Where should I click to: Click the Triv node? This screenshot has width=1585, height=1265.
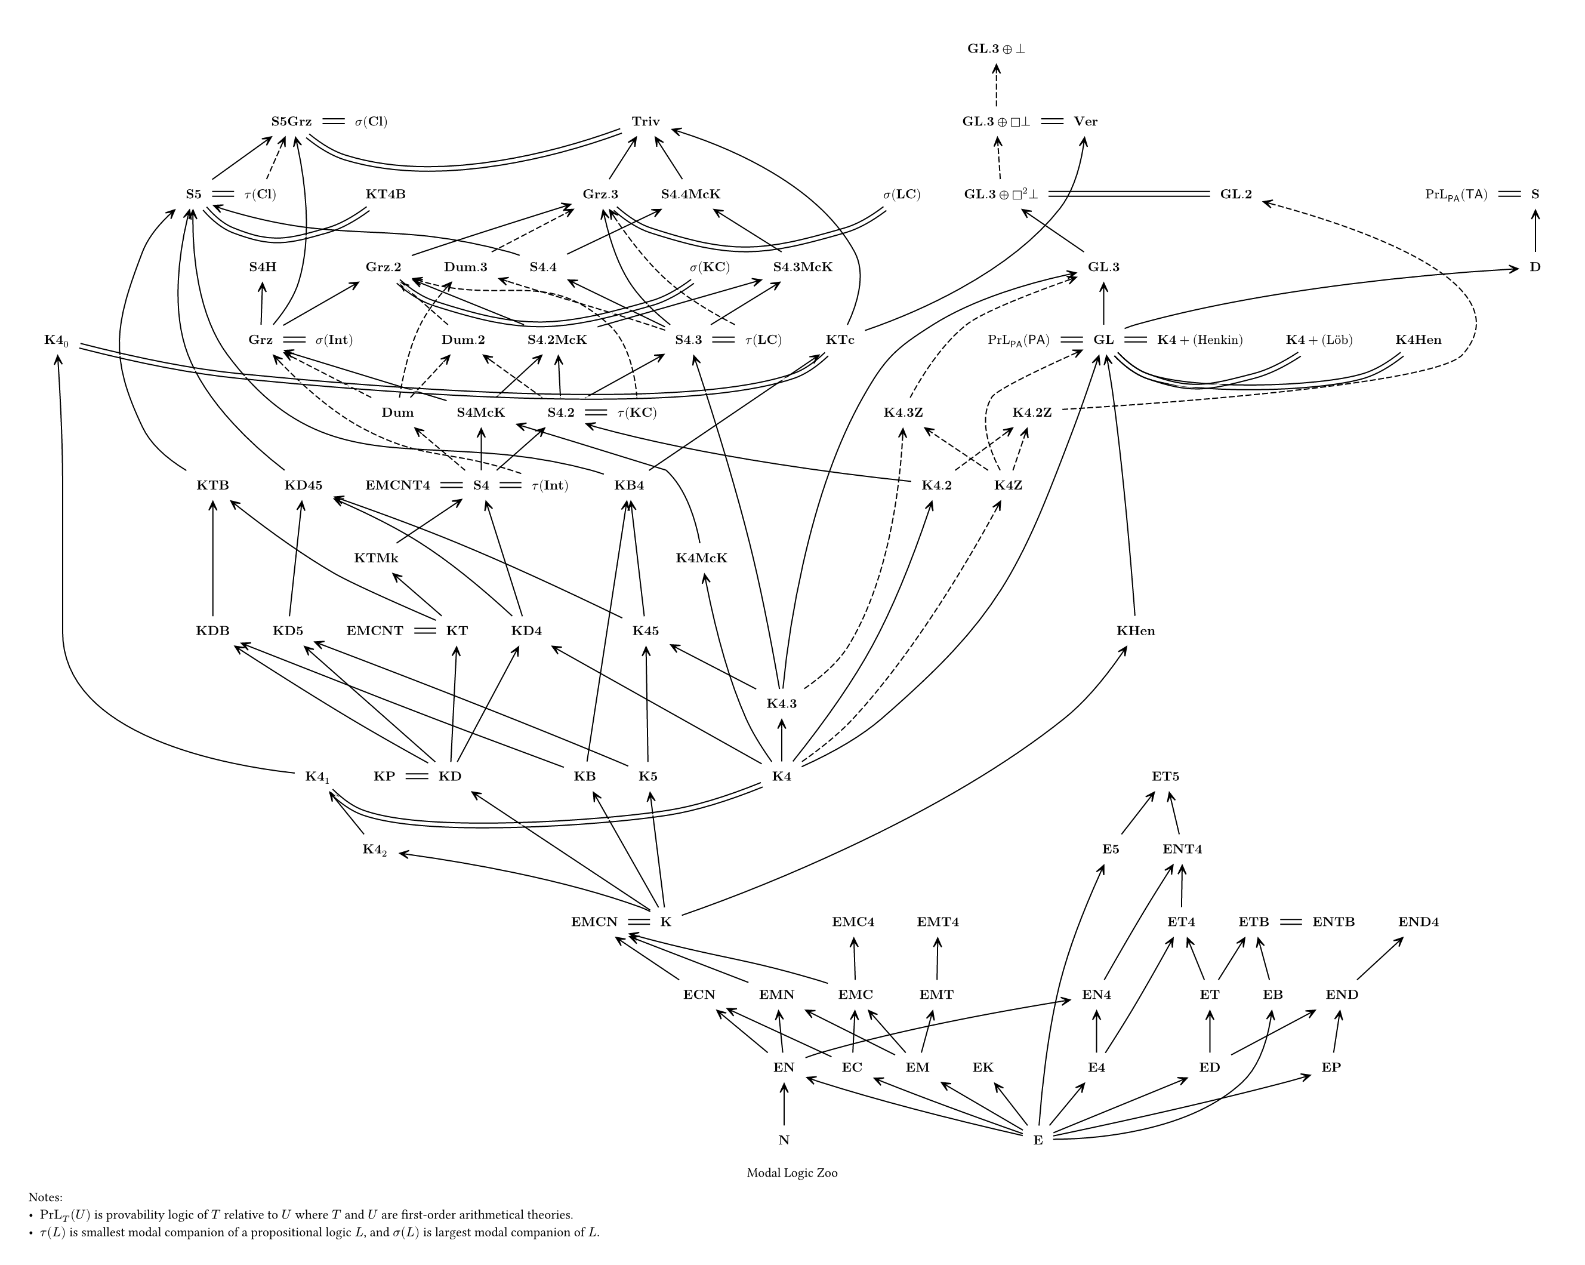(646, 121)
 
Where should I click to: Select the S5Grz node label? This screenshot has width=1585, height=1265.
(291, 121)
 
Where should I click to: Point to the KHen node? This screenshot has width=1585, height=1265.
(1135, 631)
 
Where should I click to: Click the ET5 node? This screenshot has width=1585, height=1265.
(1165, 776)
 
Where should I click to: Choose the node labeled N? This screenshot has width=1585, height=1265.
(784, 1140)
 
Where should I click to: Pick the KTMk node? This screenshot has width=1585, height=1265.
(376, 558)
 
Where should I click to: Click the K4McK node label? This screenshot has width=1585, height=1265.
(701, 558)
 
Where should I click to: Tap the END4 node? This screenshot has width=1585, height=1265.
(1418, 922)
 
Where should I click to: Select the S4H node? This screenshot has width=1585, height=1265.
(263, 267)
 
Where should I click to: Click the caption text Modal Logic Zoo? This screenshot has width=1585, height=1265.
(792, 1173)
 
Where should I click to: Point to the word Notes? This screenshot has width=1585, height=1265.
(45, 1198)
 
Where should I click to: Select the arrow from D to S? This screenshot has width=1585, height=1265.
(1534, 231)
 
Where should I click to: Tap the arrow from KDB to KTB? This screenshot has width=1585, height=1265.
(213, 559)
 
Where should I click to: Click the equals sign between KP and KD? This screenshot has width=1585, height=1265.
(416, 776)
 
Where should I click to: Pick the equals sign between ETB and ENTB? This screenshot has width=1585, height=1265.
(1290, 922)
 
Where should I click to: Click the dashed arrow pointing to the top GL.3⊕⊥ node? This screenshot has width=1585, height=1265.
(996, 85)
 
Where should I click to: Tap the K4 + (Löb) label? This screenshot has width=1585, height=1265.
(1319, 340)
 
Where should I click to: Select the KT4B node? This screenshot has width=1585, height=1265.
(386, 194)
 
